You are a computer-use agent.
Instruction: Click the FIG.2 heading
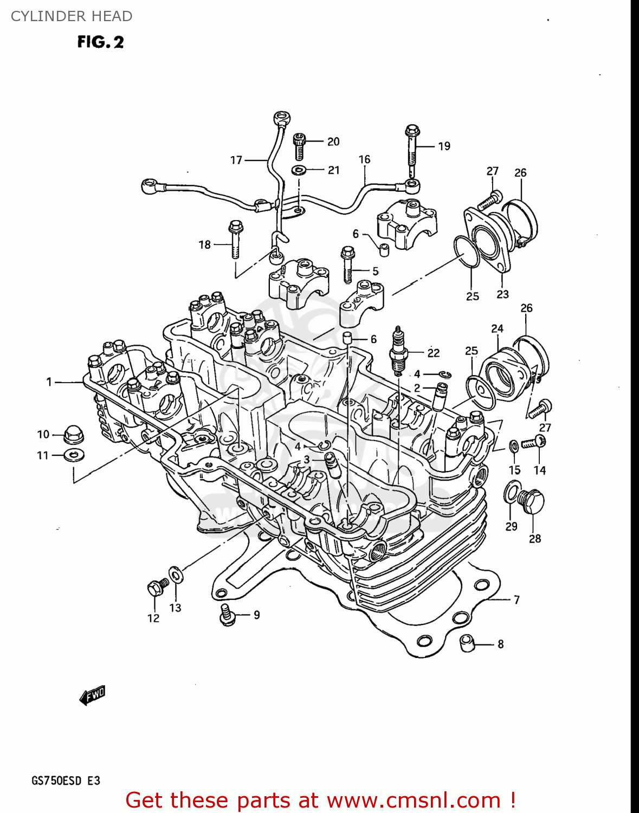100,42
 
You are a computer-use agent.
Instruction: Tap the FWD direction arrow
92,695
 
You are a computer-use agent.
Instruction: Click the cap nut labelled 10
73,433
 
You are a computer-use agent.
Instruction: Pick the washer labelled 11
74,455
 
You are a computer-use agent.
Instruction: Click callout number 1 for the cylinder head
49,382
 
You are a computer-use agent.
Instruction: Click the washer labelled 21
299,170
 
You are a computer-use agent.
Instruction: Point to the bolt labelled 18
236,240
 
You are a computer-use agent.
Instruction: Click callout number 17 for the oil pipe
236,160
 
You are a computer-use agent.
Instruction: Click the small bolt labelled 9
227,615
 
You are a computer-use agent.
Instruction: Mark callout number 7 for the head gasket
517,599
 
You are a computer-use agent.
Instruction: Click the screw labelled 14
534,443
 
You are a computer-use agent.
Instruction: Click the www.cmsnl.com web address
414,801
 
